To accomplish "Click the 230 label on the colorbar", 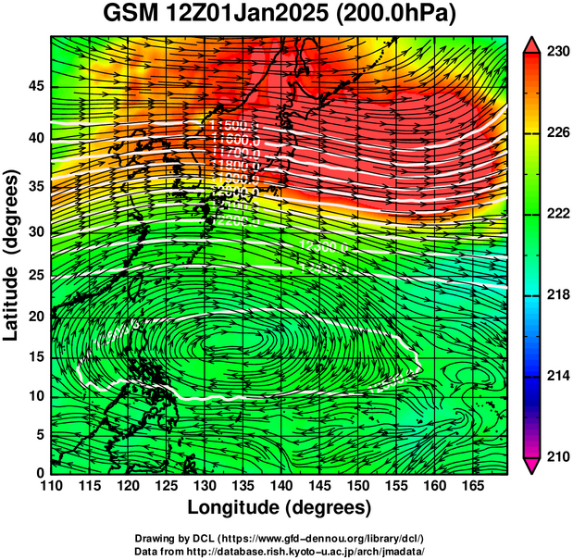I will click(x=557, y=52).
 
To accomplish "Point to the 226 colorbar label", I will click(x=557, y=133).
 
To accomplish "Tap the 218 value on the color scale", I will click(x=557, y=294).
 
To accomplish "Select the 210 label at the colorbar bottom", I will click(x=557, y=455).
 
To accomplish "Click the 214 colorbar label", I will click(x=557, y=375).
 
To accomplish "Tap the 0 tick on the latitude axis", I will click(x=40, y=473).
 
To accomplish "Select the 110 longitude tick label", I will click(x=51, y=486).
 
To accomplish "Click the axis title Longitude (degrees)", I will click(x=280, y=507).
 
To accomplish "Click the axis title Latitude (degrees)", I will click(x=12, y=255).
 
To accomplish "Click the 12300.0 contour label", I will click(x=323, y=245).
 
